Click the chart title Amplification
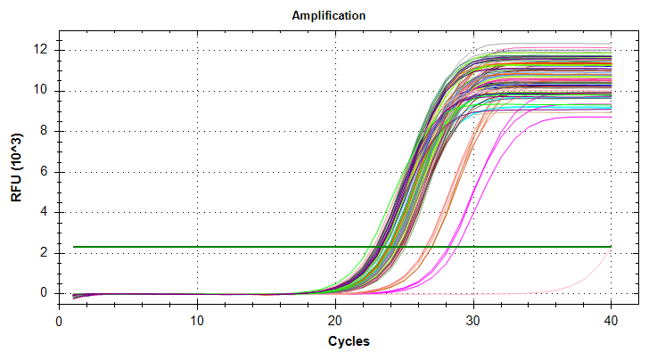[x=329, y=16]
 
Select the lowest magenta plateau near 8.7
[x=579, y=118]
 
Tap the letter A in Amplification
[x=296, y=16]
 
